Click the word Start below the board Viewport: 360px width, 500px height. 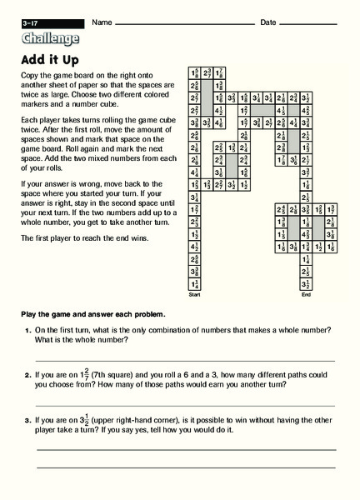click(194, 295)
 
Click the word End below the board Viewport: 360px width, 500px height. click(305, 295)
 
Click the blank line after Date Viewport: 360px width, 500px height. click(321, 22)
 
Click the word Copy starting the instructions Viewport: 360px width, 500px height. click(29, 73)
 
